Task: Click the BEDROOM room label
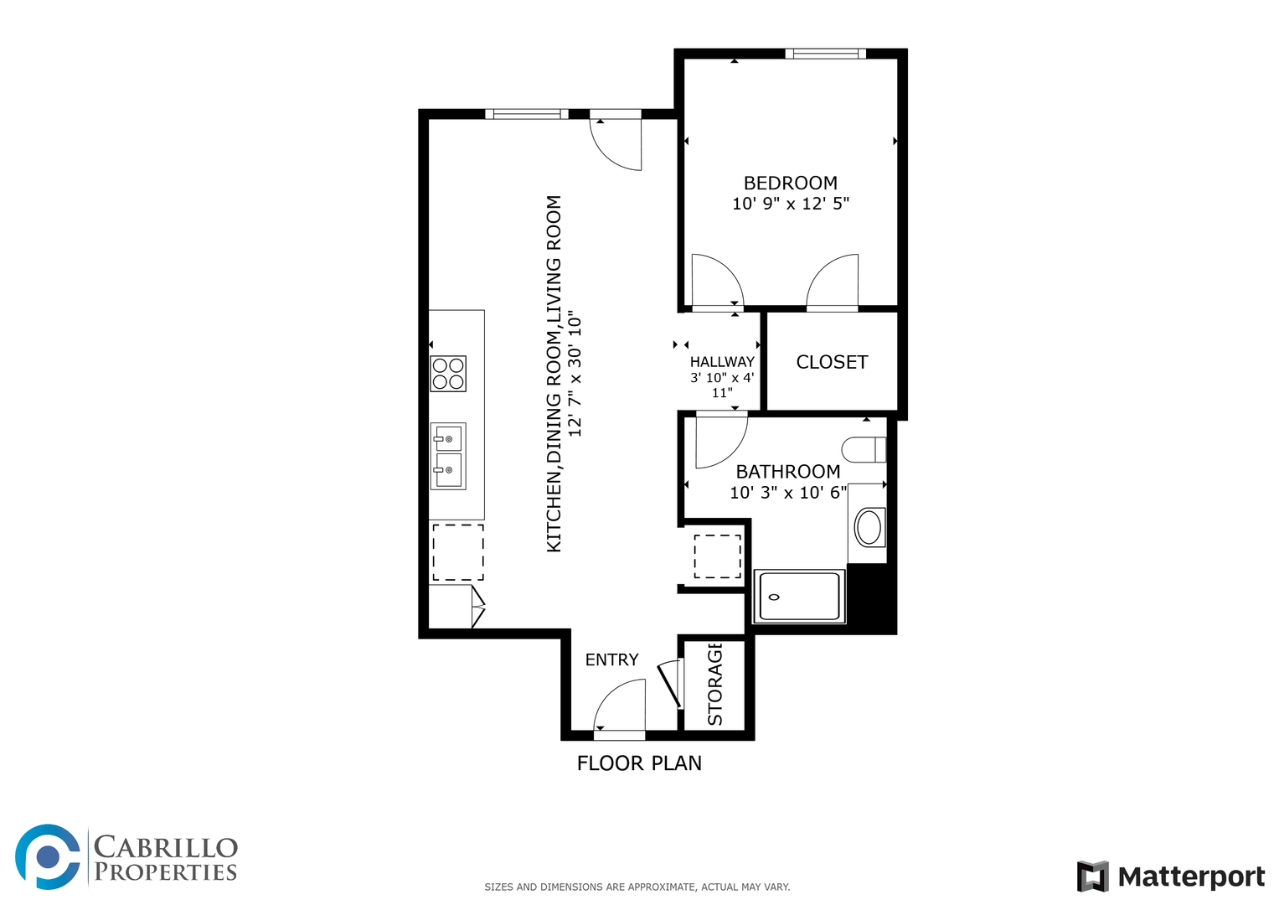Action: pyautogui.click(x=790, y=183)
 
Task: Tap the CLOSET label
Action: pyautogui.click(x=832, y=362)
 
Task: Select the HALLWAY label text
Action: pyautogui.click(x=722, y=362)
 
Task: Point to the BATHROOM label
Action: pyautogui.click(x=788, y=471)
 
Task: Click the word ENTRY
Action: pyautogui.click(x=611, y=660)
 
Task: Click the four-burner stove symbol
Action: pyautogui.click(x=448, y=374)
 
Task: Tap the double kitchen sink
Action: pyautogui.click(x=448, y=456)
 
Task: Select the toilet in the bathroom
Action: pyautogui.click(x=864, y=449)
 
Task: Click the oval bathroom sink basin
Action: pyautogui.click(x=869, y=527)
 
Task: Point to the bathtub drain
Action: pyautogui.click(x=774, y=597)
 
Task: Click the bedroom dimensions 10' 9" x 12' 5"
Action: pyautogui.click(x=791, y=204)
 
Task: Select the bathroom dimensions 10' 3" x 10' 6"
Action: pyautogui.click(x=788, y=493)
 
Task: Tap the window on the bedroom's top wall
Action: pyautogui.click(x=826, y=54)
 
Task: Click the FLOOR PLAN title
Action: pyautogui.click(x=639, y=763)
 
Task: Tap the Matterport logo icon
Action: pyautogui.click(x=1093, y=877)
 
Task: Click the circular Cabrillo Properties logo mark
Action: pyautogui.click(x=48, y=857)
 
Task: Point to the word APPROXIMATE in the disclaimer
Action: pyautogui.click(x=663, y=887)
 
